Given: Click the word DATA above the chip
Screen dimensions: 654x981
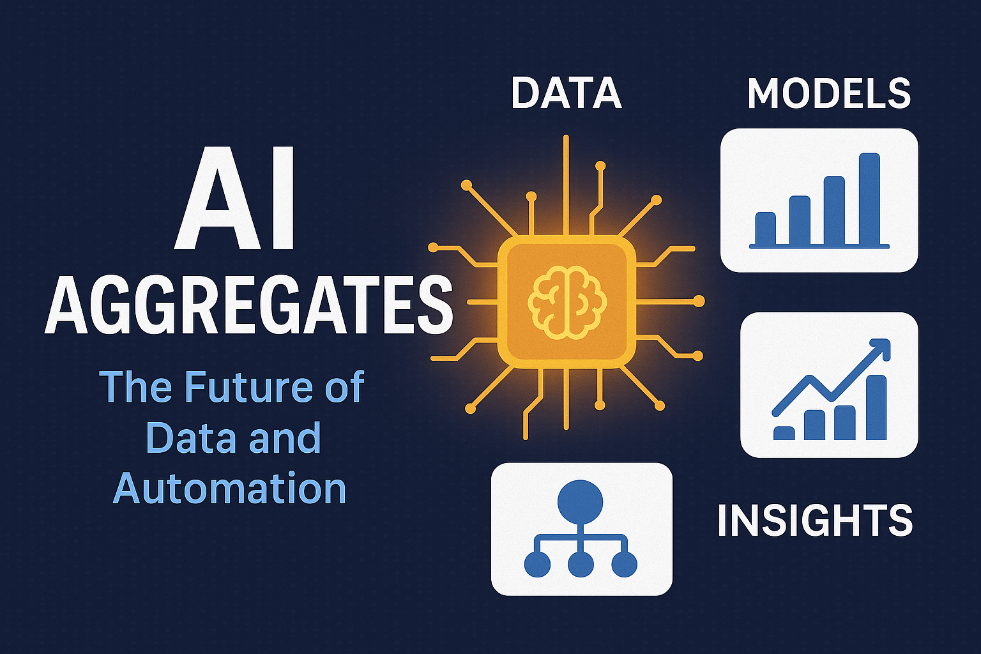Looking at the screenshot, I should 566,93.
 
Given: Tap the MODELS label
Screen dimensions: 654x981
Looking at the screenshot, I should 828,93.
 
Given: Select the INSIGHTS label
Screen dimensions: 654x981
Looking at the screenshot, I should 815,521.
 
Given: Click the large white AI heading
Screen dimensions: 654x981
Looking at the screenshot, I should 236,199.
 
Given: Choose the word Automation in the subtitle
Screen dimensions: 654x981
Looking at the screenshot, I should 229,489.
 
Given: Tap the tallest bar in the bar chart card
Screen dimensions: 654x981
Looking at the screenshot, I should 869,199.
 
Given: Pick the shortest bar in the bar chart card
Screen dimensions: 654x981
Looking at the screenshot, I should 765,228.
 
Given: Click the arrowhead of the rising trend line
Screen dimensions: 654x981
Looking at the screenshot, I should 881,348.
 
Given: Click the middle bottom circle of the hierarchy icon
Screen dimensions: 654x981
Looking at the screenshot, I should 581,565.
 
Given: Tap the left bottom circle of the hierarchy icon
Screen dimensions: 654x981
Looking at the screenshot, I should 537,565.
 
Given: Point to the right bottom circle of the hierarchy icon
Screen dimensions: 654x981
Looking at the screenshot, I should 624,565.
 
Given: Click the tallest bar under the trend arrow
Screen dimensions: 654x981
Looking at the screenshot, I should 876,407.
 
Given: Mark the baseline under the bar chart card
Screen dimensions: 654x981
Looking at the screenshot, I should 819,246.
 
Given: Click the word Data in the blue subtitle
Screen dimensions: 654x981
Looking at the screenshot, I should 179,438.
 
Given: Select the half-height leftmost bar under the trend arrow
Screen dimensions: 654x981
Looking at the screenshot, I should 784,433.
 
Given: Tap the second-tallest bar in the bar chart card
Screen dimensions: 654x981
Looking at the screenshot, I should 834,210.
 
